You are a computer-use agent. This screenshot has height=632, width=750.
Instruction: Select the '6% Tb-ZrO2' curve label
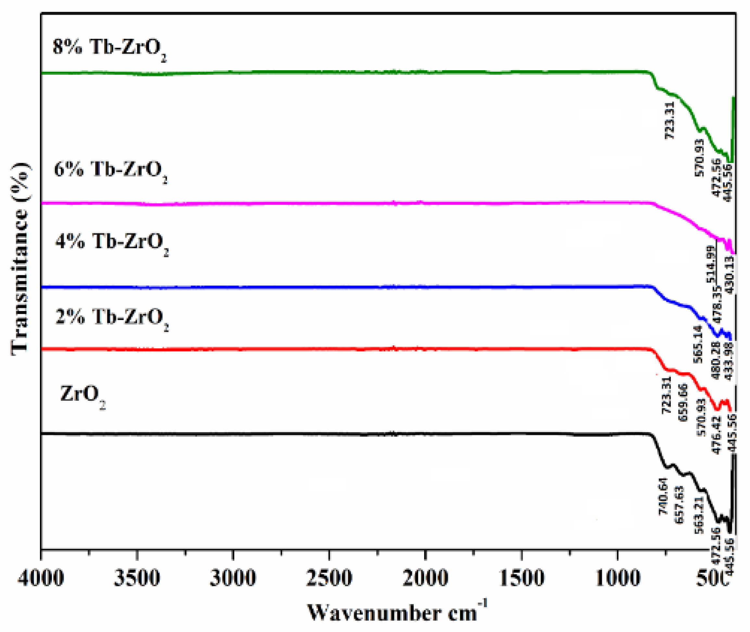pyautogui.click(x=110, y=170)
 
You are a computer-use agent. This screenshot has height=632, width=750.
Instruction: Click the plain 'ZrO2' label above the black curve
pyautogui.click(x=83, y=395)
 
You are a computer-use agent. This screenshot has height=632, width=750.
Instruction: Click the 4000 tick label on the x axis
pyautogui.click(x=41, y=579)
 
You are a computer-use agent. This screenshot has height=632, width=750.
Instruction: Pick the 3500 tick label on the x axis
pyautogui.click(x=137, y=579)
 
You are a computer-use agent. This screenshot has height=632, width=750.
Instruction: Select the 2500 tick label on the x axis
pyautogui.click(x=329, y=579)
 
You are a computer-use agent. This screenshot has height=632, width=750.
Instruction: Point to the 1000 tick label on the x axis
pyautogui.click(x=617, y=579)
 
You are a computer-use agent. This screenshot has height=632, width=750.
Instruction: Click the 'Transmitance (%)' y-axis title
pyautogui.click(x=20, y=258)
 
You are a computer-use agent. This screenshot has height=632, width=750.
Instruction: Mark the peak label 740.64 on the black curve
pyautogui.click(x=663, y=496)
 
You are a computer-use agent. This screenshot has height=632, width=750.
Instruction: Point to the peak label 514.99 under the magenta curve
pyautogui.click(x=711, y=264)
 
